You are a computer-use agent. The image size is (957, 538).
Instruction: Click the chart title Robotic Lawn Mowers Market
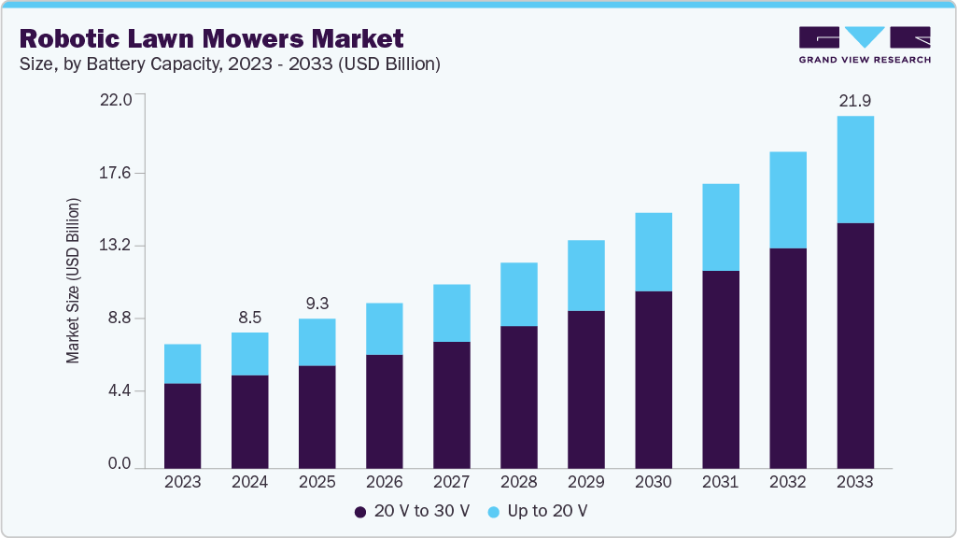click(x=211, y=38)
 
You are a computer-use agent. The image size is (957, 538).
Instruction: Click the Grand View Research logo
click(x=865, y=45)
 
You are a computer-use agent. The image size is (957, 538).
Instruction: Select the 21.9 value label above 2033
click(x=854, y=101)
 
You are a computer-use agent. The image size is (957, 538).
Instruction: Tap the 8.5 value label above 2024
click(x=249, y=318)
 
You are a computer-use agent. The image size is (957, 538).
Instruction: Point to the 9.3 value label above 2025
click(x=317, y=304)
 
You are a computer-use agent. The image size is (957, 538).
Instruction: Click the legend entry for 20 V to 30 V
click(x=412, y=511)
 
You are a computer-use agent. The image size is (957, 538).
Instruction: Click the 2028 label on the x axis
click(x=518, y=482)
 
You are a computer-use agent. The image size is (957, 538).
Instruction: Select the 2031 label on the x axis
click(x=720, y=482)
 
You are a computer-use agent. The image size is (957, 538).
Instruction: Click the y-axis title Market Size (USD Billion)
click(x=72, y=281)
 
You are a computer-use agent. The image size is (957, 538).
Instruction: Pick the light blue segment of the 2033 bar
click(x=854, y=169)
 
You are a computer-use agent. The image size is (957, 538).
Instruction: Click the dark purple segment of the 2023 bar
click(x=182, y=425)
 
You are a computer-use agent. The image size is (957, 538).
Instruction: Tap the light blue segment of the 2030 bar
click(x=653, y=252)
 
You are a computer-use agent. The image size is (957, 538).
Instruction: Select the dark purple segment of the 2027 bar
click(x=451, y=404)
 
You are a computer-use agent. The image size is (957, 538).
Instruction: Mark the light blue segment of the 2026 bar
click(x=384, y=329)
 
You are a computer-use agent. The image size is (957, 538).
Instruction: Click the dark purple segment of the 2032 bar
click(x=787, y=358)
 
